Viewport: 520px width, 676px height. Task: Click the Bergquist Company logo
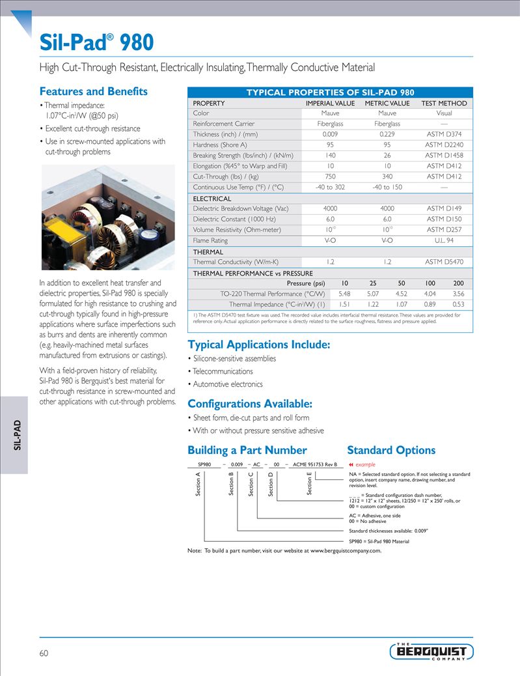(x=432, y=651)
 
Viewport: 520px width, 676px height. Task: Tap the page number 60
(x=44, y=653)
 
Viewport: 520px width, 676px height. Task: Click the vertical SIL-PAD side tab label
(x=18, y=434)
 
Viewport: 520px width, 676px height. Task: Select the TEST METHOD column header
(x=444, y=103)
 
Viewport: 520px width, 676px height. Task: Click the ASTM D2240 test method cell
(x=444, y=145)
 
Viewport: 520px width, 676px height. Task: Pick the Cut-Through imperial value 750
(x=330, y=176)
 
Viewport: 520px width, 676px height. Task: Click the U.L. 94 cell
(x=444, y=240)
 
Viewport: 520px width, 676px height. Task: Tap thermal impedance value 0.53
(x=458, y=304)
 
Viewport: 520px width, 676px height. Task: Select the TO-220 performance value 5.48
(x=344, y=294)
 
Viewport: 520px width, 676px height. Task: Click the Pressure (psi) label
(x=305, y=283)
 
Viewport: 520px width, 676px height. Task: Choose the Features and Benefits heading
(x=94, y=91)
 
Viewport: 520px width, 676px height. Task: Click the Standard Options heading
(x=391, y=450)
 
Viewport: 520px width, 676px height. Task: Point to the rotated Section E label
(x=309, y=483)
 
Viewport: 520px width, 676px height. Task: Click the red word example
(x=365, y=464)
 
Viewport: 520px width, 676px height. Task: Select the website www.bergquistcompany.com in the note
(x=345, y=550)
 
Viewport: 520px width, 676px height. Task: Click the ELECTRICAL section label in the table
(x=212, y=199)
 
